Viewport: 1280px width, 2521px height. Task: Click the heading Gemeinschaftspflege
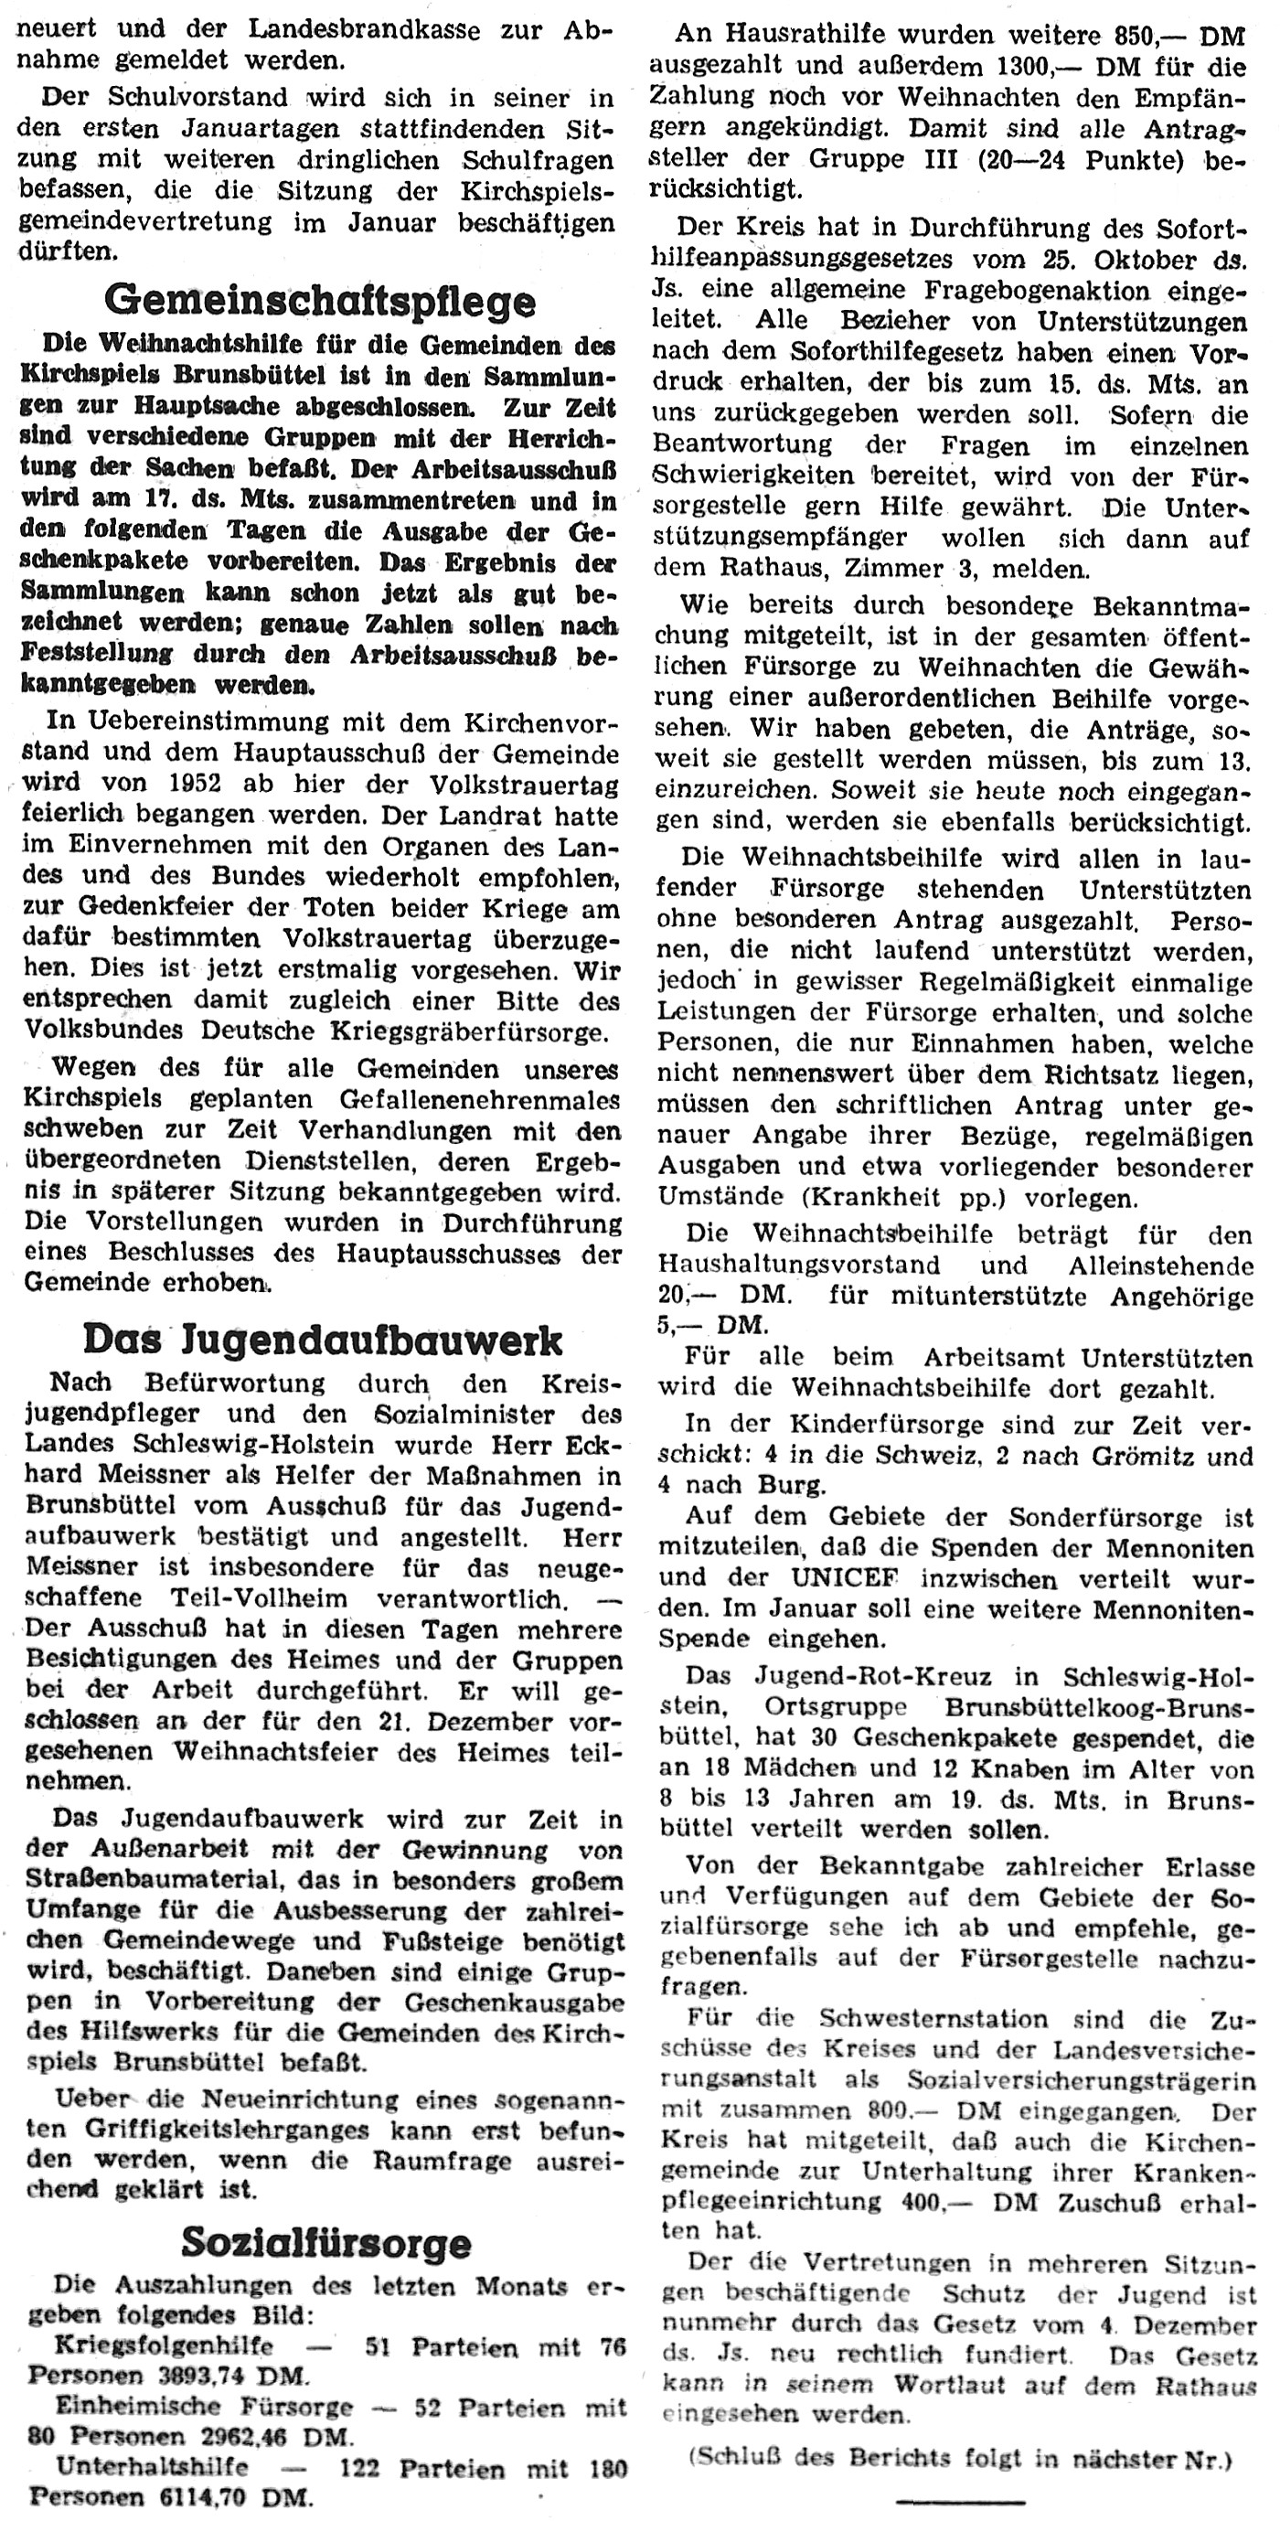pos(320,302)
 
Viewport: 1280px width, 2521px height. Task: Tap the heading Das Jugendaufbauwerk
pos(322,1340)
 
